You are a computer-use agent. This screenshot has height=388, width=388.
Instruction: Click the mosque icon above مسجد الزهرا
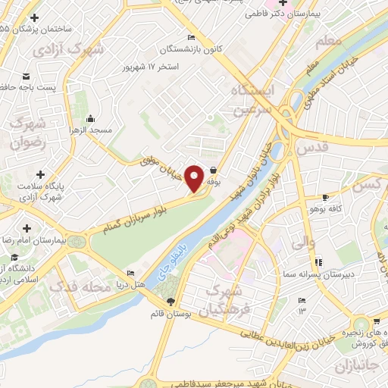tap(91, 118)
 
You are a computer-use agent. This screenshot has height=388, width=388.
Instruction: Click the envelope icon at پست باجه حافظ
tap(27, 77)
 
